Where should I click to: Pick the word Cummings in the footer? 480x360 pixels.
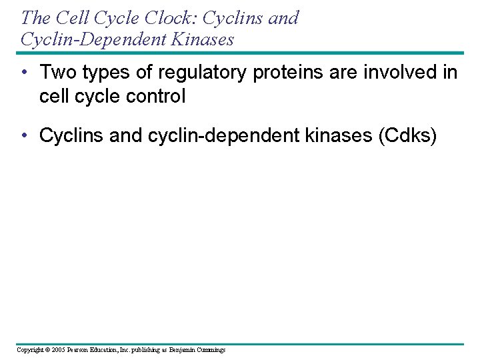(211, 350)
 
